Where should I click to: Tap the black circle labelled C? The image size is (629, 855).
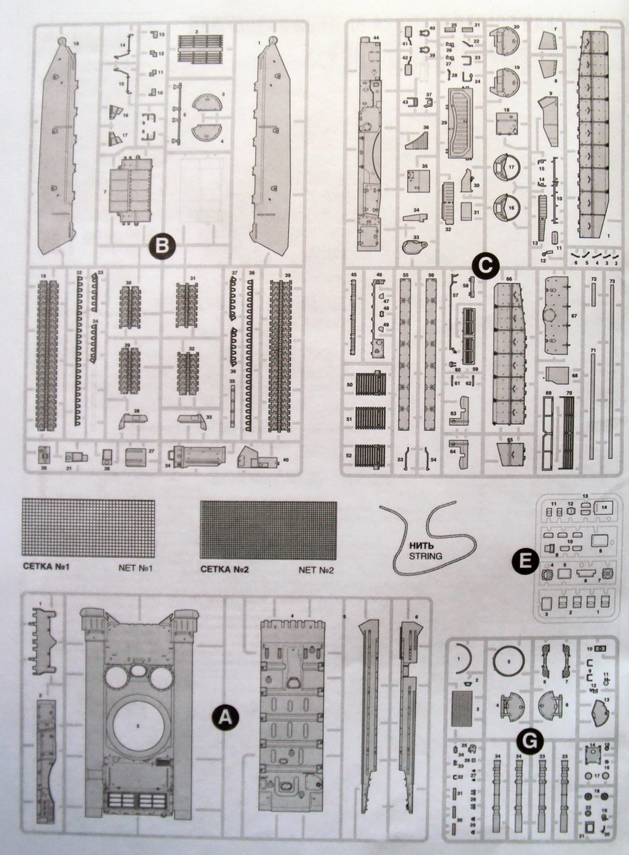coord(485,266)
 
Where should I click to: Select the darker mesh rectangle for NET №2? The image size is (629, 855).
coord(268,530)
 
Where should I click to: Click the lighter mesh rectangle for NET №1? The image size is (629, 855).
coord(88,528)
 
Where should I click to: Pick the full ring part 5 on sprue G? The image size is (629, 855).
coord(508,663)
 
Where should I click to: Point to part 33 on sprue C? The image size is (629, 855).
coord(413,247)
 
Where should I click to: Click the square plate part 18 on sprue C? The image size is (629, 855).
coord(506,124)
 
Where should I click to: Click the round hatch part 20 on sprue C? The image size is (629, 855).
coord(507,43)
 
